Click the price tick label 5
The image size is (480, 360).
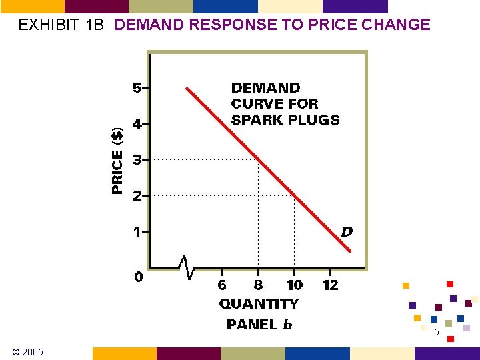tap(136, 87)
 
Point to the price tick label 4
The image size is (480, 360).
tap(136, 123)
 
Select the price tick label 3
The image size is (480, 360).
tap(136, 160)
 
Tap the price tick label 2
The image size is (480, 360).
tap(136, 196)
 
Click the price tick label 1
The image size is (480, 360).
tap(136, 232)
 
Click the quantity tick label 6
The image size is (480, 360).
tap(222, 285)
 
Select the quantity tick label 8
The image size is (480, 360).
tap(258, 285)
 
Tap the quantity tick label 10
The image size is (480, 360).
tap(294, 285)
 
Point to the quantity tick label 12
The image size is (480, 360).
tap(330, 285)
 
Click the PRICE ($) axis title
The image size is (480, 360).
tap(117, 160)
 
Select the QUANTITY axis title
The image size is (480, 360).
tap(259, 304)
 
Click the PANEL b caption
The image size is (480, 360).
tap(259, 325)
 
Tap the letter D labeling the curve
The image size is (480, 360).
tap(347, 232)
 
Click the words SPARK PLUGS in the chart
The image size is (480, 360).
tap(285, 120)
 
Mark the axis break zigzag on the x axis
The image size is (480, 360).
tap(188, 267)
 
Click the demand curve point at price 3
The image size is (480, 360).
tap(259, 159)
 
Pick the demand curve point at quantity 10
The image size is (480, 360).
tap(295, 195)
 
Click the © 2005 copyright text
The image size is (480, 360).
tap(27, 352)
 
